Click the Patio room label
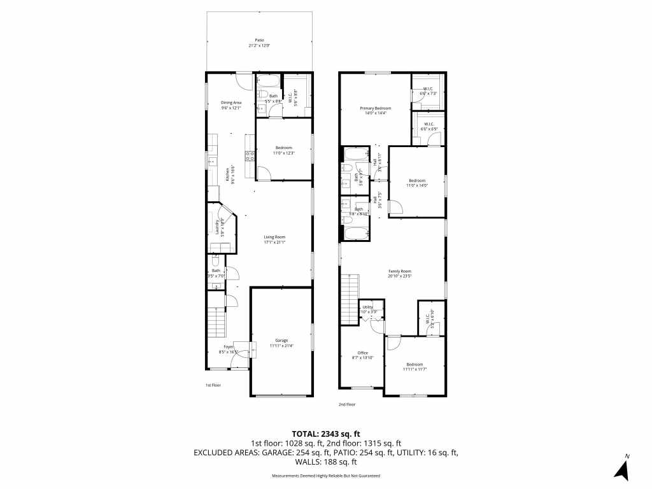259,40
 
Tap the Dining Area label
231,103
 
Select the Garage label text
281,340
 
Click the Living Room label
275,237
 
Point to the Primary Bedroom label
375,108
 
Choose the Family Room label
400,271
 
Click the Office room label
362,353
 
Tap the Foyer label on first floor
228,347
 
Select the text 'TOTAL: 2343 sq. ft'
325,433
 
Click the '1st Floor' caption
213,385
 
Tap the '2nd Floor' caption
347,404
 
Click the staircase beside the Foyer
216,322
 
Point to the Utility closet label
368,307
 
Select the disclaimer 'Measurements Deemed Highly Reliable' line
325,476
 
